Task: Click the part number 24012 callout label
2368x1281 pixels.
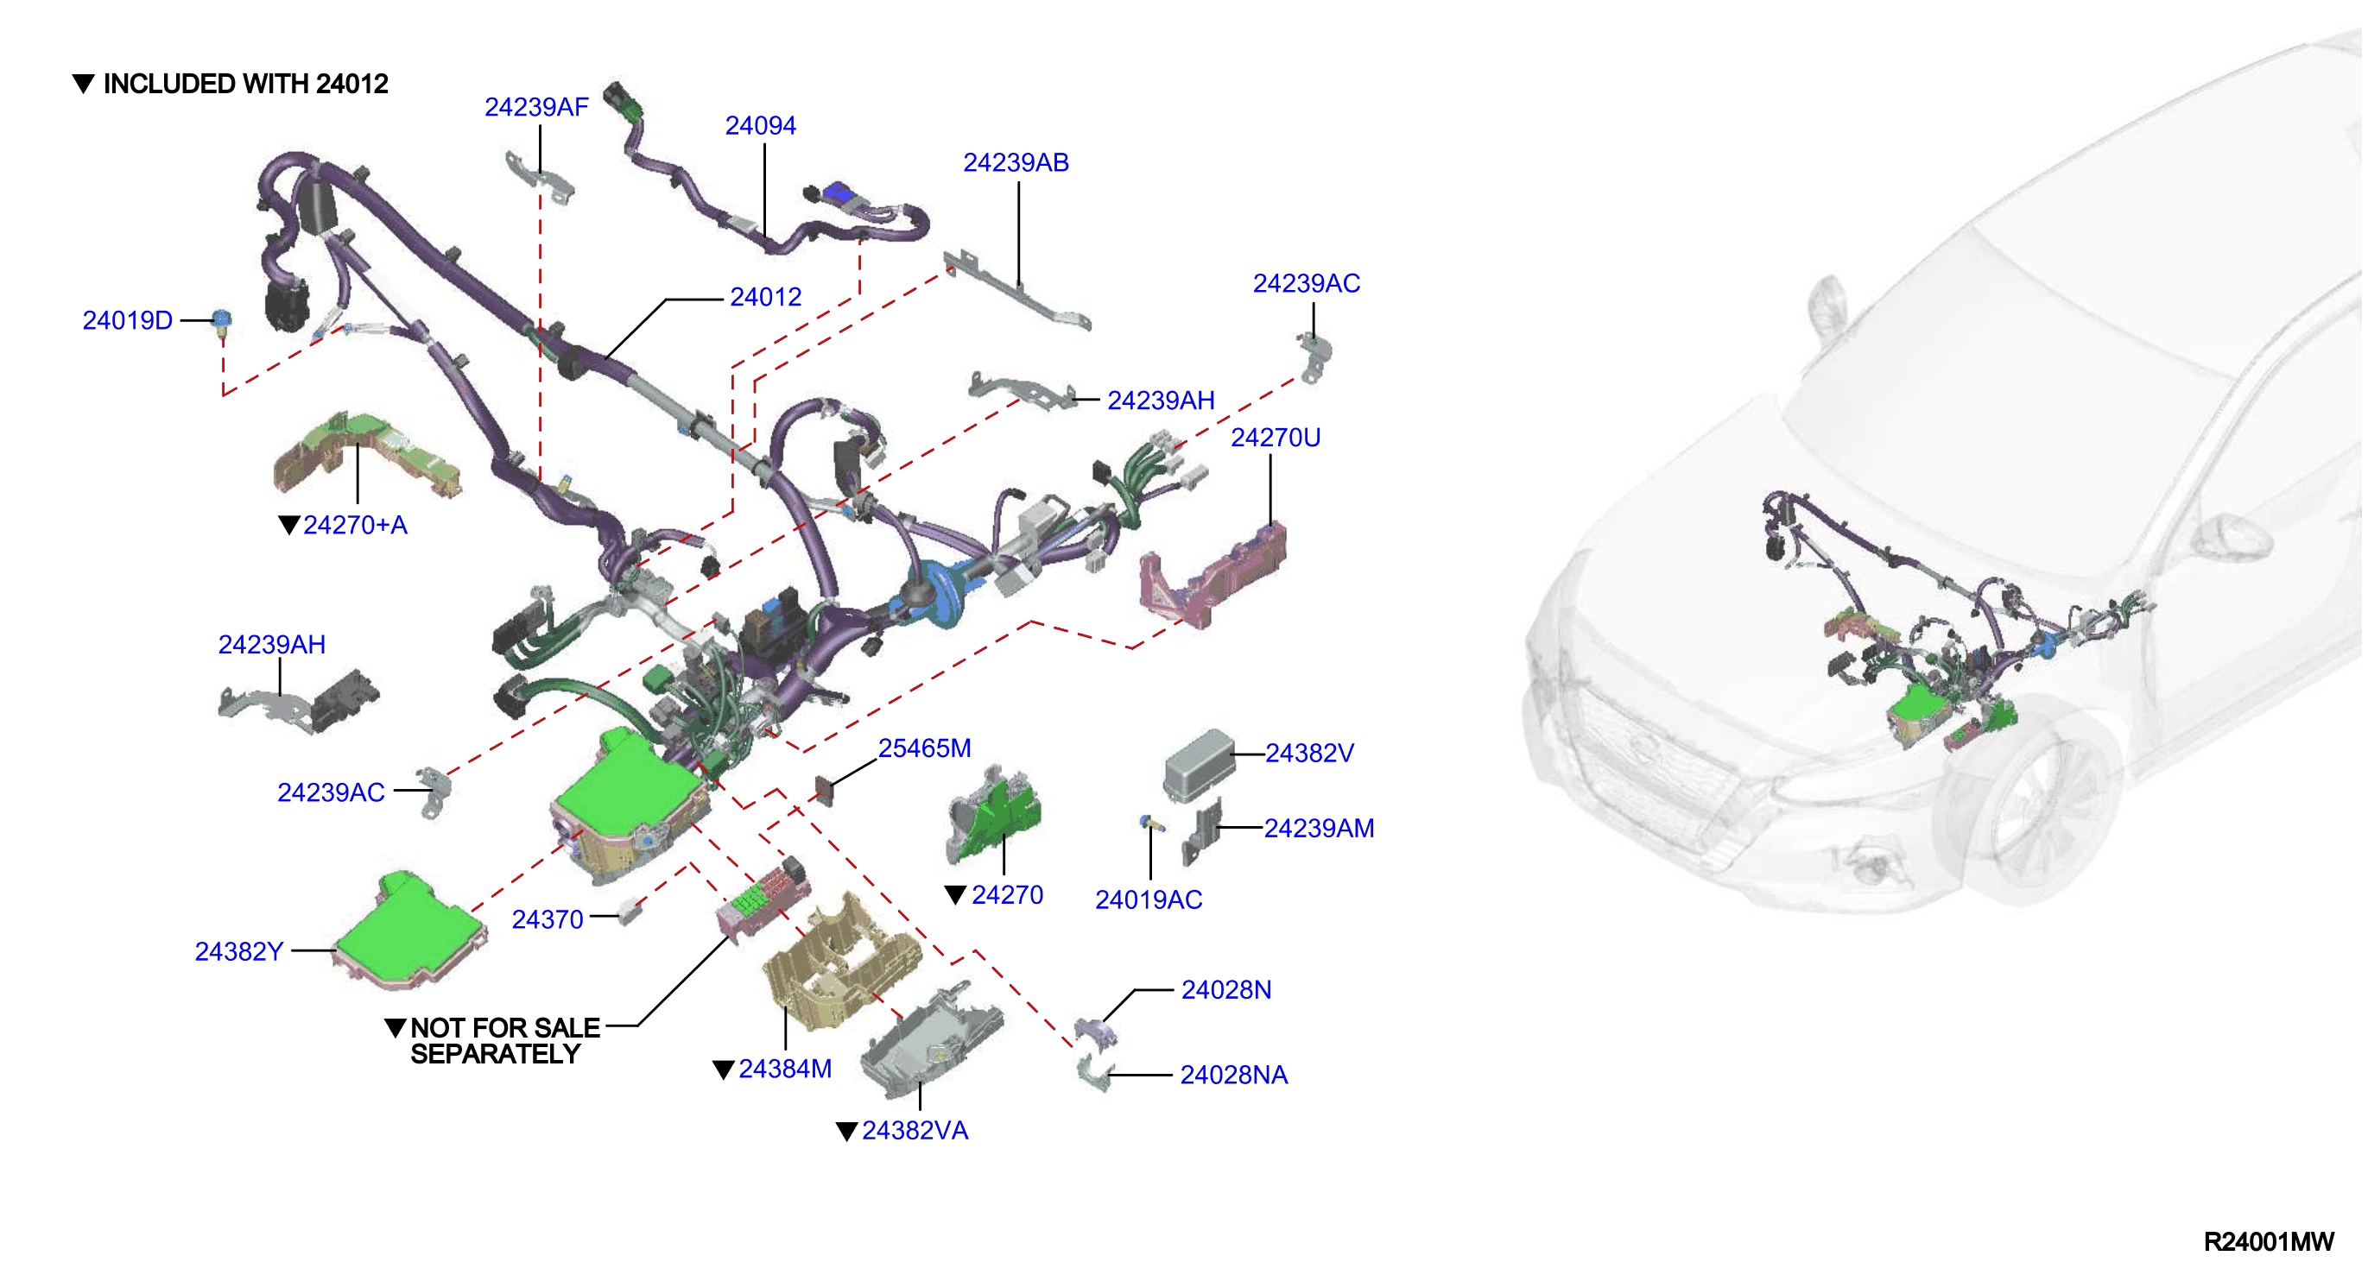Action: click(766, 297)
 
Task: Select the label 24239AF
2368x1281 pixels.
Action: click(537, 108)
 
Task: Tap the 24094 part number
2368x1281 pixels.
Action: click(760, 126)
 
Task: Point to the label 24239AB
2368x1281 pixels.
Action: click(1016, 162)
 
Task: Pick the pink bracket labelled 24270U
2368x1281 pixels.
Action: click(1212, 574)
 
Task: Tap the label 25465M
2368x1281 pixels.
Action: click(924, 748)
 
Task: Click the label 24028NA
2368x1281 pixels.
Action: click(1233, 1076)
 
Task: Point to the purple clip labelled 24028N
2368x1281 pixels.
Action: click(1097, 1031)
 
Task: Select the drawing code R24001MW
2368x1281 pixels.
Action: click(2268, 1242)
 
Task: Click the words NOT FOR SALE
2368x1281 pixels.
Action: click(504, 1027)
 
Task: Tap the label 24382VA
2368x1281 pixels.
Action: click(915, 1131)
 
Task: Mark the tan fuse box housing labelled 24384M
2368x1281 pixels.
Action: click(842, 960)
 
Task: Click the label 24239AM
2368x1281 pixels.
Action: click(1319, 829)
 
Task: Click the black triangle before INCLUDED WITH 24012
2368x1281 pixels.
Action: click(83, 84)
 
